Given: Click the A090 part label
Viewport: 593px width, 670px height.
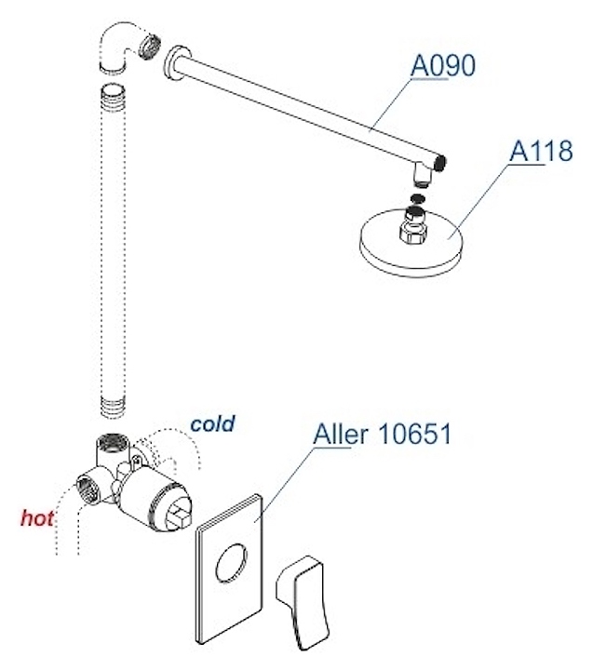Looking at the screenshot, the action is [442, 66].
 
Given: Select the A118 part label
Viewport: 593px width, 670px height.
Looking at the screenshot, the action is [541, 151].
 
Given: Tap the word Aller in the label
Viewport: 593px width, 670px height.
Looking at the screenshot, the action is [341, 435].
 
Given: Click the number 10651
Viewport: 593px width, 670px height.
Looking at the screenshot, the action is [414, 435].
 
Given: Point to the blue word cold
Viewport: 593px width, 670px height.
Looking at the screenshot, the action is [212, 423].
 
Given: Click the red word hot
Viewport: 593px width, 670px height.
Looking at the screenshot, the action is [37, 518].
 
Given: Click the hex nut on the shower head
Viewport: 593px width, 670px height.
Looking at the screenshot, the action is [413, 233].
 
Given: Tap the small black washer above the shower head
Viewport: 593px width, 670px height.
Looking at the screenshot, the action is [417, 199].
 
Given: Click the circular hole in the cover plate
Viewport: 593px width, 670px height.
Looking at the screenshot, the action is [231, 564].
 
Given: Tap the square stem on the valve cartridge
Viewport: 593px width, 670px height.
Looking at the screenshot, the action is [178, 515].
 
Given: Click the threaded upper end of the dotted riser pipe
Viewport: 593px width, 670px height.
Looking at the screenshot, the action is [113, 101].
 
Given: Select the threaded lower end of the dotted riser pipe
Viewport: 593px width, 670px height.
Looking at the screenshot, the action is [113, 407].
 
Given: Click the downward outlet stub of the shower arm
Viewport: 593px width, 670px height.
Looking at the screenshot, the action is [423, 174].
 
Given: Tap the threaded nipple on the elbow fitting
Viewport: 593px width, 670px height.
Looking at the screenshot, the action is [151, 46].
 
